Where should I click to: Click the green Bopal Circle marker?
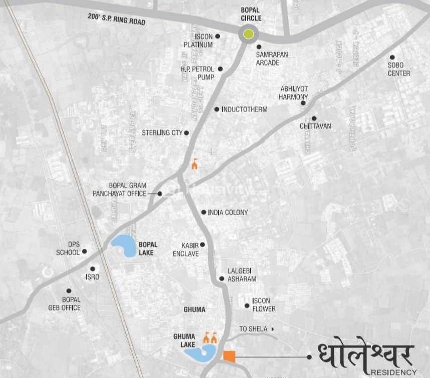click(x=248, y=35)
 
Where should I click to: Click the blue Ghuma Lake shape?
click(x=197, y=353)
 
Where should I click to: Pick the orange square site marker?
click(x=229, y=356)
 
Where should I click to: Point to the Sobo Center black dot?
click(x=392, y=57)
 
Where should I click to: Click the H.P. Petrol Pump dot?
click(x=220, y=69)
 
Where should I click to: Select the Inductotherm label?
click(x=244, y=109)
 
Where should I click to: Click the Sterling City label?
click(x=162, y=133)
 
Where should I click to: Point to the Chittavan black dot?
click(x=314, y=118)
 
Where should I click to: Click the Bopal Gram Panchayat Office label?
click(x=119, y=190)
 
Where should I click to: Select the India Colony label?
click(x=228, y=213)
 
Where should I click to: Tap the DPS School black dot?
click(x=84, y=251)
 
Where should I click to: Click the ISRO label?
click(x=93, y=277)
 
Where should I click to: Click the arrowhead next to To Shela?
click(x=273, y=329)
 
